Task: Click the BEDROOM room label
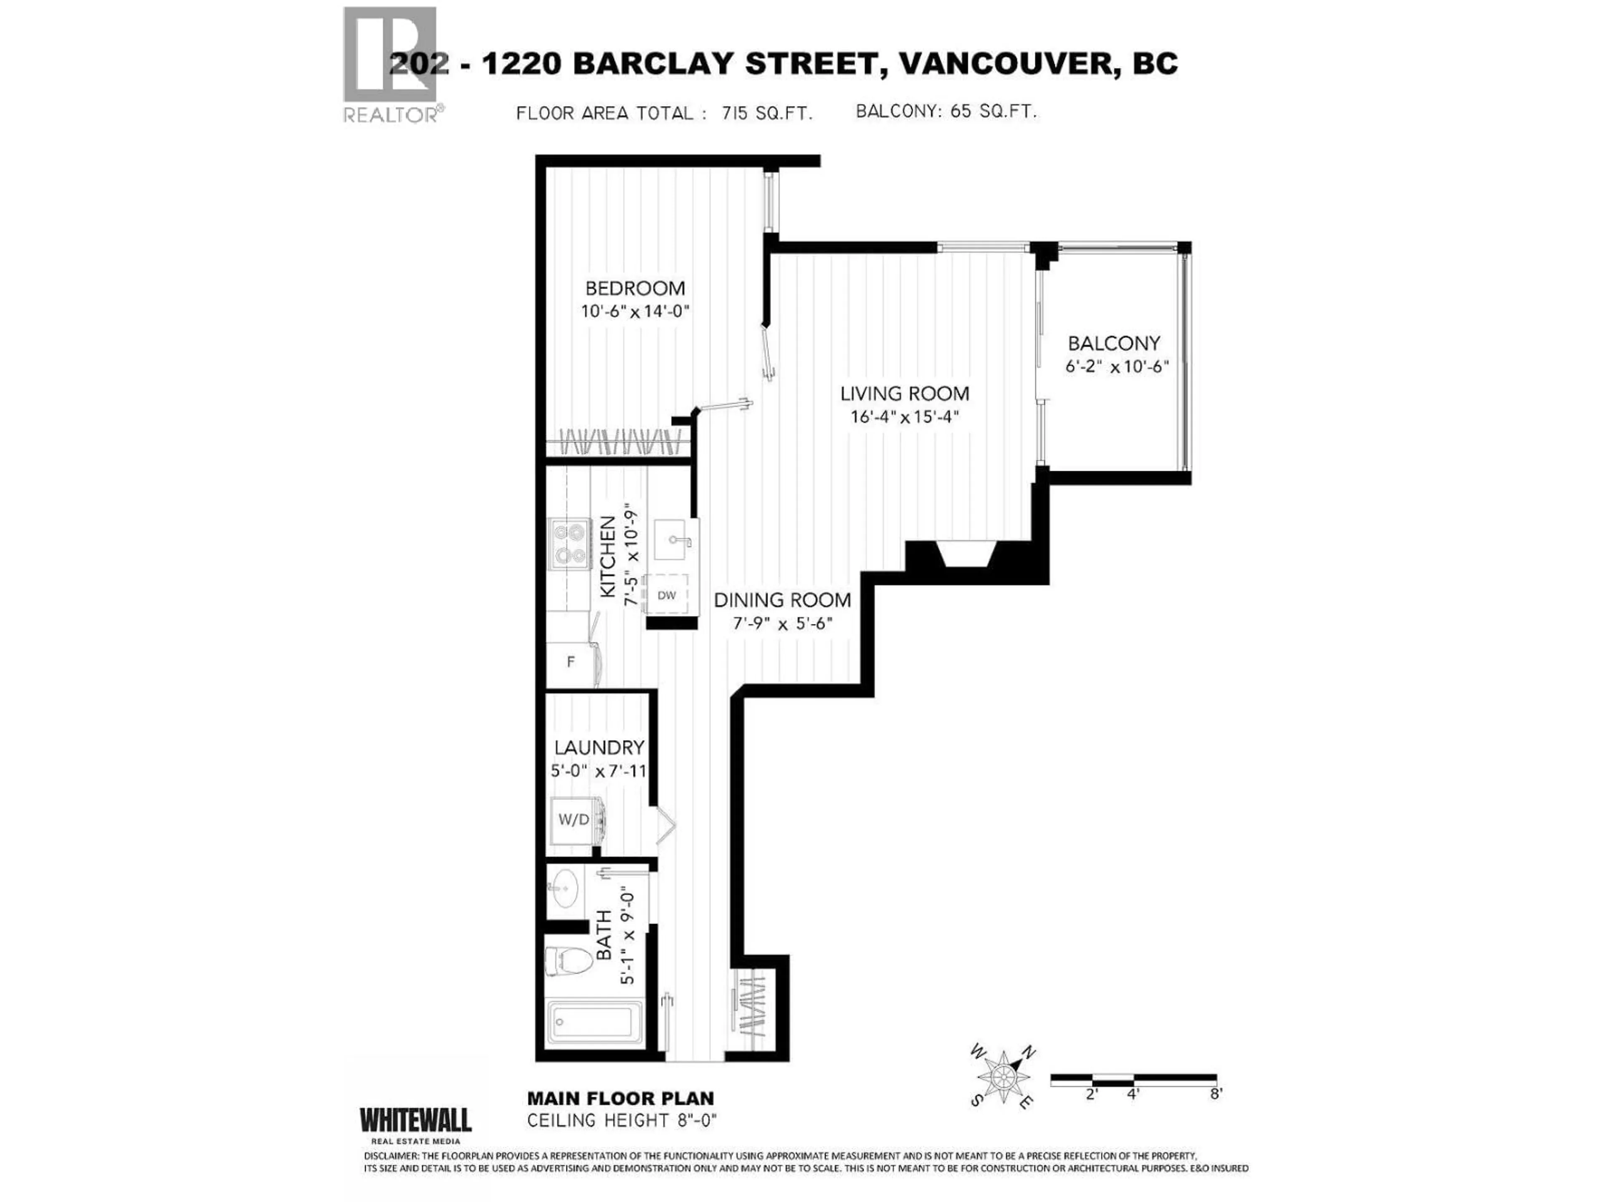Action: tap(635, 288)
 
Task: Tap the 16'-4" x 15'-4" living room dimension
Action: tap(905, 417)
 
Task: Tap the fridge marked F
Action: tap(571, 662)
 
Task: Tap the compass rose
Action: tap(1004, 1080)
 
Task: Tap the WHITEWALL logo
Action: tap(416, 1120)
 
